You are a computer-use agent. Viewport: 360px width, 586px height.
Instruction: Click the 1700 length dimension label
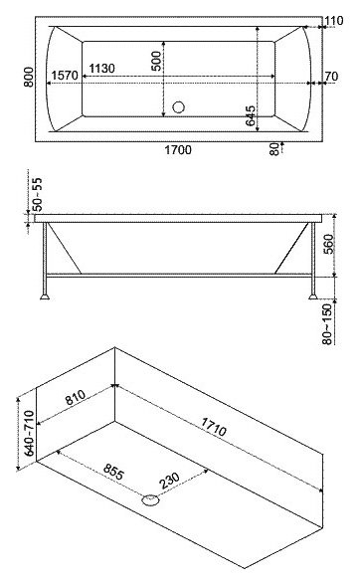click(x=178, y=150)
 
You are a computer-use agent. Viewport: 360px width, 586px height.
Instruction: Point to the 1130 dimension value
click(x=104, y=68)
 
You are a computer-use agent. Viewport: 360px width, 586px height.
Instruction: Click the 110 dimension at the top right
click(x=331, y=23)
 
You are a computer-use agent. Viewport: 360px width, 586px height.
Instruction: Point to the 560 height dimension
click(x=330, y=241)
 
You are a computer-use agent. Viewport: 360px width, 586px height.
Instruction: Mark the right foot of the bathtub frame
click(x=312, y=295)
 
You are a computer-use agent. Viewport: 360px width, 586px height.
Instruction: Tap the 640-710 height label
click(x=30, y=431)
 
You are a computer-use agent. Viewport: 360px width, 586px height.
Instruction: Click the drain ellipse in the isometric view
click(x=150, y=500)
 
